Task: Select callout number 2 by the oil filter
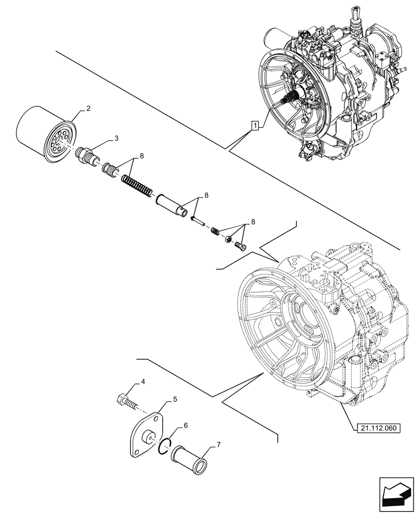click(x=88, y=108)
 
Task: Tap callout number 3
click(x=117, y=138)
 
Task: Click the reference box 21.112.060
click(x=377, y=428)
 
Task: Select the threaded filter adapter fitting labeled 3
click(x=87, y=155)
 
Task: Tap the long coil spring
click(x=137, y=185)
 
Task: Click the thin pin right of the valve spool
click(x=198, y=221)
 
